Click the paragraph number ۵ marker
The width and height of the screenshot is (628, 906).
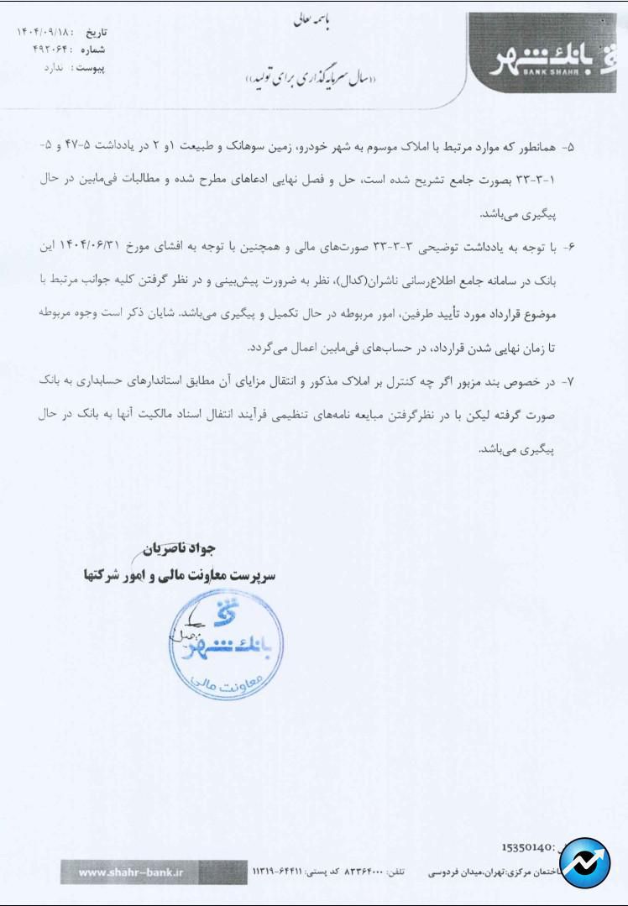click(569, 146)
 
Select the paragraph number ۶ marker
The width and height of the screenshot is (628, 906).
click(569, 247)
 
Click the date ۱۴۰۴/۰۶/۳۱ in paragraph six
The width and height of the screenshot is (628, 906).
click(97, 247)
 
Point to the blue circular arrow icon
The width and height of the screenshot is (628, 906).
click(585, 863)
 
